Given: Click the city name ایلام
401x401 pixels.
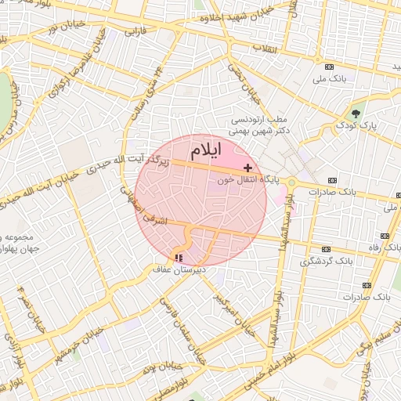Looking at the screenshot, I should coord(205,149).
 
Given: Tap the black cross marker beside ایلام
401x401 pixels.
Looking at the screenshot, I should coord(248,168).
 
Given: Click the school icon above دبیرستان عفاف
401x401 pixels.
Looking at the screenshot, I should coord(179,258).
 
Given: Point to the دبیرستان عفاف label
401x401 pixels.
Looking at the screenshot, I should coord(179,269).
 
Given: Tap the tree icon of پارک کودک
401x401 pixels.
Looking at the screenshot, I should coord(356,114).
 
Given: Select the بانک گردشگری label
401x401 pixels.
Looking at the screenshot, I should coord(329,259).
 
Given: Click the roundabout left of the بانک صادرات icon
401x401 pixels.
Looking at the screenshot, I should coord(291,183).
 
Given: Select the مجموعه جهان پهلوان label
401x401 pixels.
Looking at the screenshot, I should coord(20,243).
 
